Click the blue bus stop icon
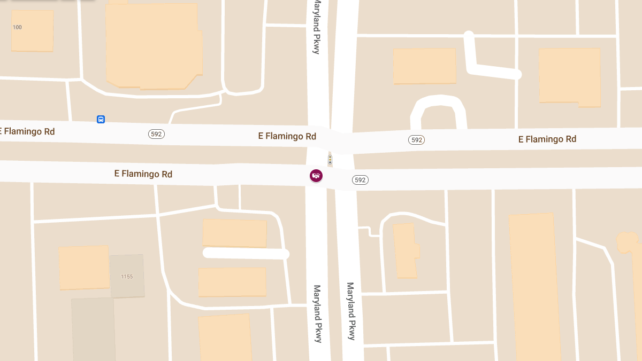point(101,119)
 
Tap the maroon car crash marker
point(316,176)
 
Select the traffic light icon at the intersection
point(330,159)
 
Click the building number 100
point(17,27)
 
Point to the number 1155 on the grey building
point(127,276)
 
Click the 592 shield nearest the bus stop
point(156,134)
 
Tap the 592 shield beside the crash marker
point(360,180)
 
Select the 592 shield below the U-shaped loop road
point(416,140)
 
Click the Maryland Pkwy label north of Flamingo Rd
point(317,27)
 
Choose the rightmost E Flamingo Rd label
point(547,139)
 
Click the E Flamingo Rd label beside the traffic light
point(287,136)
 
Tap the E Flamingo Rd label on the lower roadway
point(143,174)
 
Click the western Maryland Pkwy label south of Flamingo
point(318,313)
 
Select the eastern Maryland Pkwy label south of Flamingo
point(351,311)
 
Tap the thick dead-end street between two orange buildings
point(246,254)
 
